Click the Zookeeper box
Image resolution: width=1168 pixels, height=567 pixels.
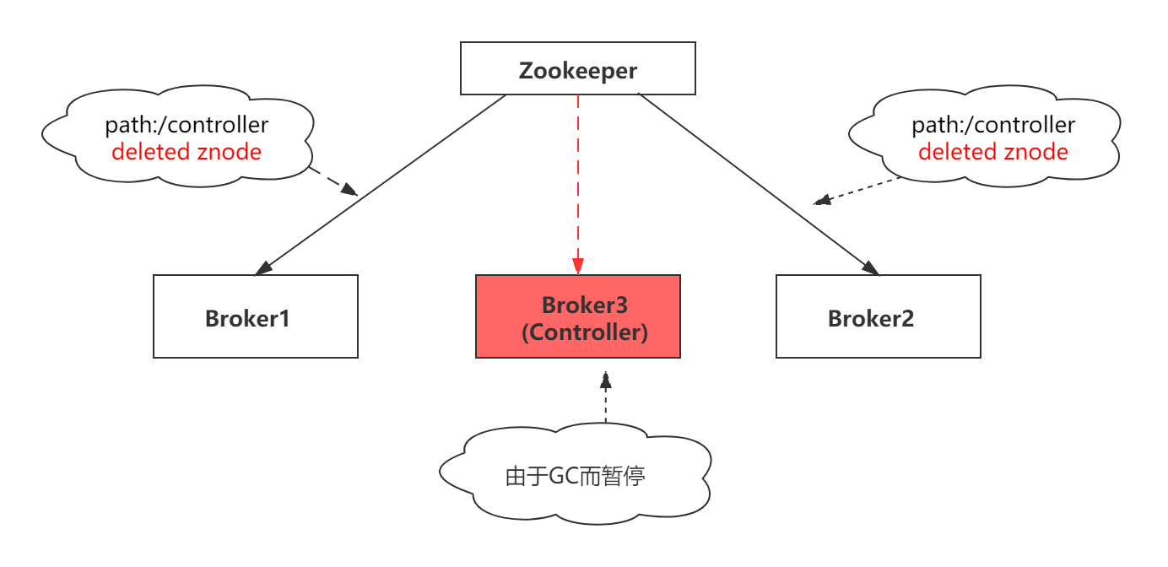[577, 68]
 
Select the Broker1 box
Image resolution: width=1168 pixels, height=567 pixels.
[255, 316]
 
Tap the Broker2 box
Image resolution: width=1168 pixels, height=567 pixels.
[878, 316]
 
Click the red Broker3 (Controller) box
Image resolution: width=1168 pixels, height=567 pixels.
[577, 316]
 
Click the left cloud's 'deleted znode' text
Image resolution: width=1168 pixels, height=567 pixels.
[187, 152]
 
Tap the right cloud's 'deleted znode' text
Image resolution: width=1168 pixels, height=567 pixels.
[992, 152]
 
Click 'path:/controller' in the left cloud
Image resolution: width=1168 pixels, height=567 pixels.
[187, 126]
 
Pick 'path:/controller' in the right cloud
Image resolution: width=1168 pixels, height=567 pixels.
[992, 126]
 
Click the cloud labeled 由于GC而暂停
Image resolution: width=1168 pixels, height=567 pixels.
[576, 474]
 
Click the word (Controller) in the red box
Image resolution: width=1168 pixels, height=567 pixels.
[584, 332]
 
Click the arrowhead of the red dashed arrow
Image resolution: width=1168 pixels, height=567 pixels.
[577, 267]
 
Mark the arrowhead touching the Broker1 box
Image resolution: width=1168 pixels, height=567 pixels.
[262, 267]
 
